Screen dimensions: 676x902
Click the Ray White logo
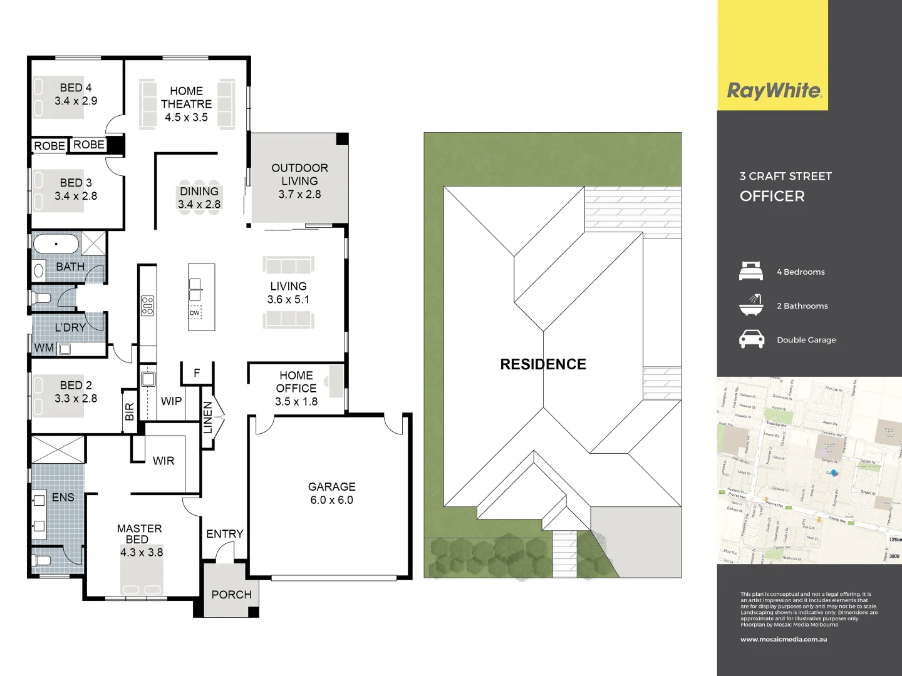(x=774, y=91)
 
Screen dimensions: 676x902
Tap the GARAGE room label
(x=331, y=486)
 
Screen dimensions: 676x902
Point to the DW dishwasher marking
(x=195, y=312)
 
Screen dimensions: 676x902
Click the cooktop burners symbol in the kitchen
(x=148, y=305)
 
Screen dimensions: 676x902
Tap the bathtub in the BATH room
(x=56, y=243)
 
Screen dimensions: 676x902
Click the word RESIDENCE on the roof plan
(x=542, y=364)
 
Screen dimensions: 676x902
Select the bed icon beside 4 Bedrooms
(x=751, y=271)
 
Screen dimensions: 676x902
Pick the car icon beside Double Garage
(x=751, y=339)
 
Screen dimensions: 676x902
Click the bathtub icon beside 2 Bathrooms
(x=751, y=305)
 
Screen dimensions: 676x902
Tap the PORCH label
(x=231, y=595)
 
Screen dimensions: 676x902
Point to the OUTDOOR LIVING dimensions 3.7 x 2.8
(x=299, y=194)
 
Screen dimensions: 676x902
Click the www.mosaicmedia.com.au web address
(x=784, y=639)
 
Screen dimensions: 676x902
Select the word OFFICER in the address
(x=772, y=196)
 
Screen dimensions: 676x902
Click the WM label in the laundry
(x=44, y=347)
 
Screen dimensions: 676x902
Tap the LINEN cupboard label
(x=208, y=417)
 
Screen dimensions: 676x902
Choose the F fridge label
(x=197, y=373)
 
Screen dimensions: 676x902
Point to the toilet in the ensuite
(x=42, y=559)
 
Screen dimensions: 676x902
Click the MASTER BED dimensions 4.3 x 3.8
(x=142, y=552)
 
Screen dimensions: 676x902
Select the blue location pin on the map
(x=834, y=473)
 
